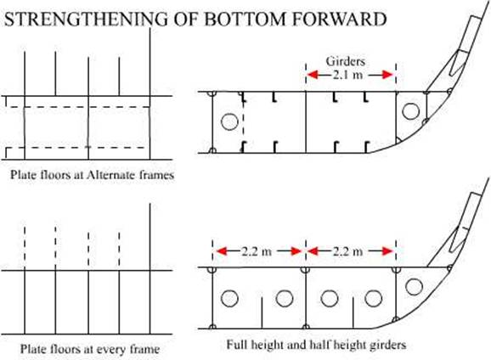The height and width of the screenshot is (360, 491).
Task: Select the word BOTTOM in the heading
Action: tap(245, 19)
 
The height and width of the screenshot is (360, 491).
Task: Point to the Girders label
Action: tap(346, 61)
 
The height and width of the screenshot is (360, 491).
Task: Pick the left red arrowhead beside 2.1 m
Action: tap(312, 75)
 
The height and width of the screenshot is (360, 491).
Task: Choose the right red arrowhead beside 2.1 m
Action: tap(387, 75)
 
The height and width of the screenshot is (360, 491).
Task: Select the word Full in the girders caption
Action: tap(236, 345)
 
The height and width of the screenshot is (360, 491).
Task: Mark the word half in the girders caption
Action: tap(319, 345)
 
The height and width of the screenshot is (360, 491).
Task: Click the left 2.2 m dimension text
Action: tap(257, 251)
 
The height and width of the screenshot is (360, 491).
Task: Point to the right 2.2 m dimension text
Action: tap(347, 251)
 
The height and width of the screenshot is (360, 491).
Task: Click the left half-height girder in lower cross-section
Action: tap(262, 312)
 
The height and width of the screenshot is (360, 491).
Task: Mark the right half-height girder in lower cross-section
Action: tap(353, 312)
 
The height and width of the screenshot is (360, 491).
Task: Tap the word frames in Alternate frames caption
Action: tap(156, 174)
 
